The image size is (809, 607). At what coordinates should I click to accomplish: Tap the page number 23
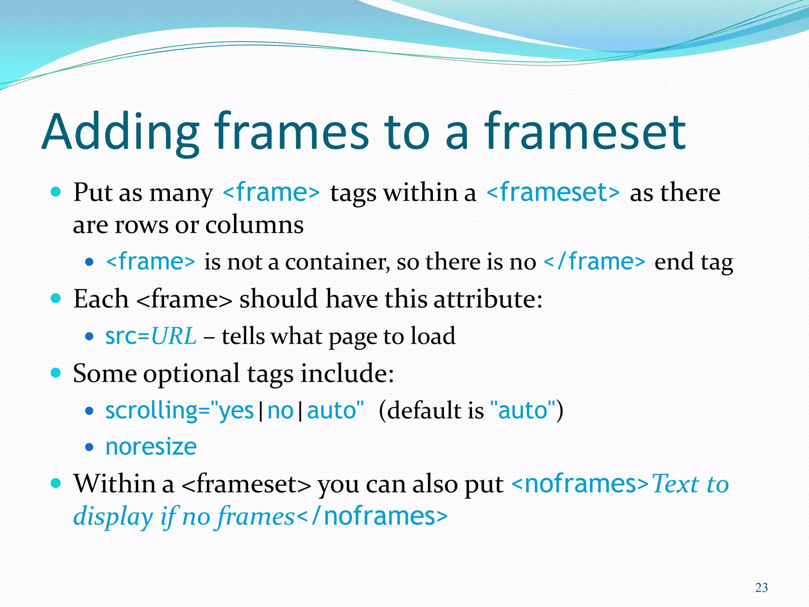[761, 588]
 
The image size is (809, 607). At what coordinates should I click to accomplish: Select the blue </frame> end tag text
[595, 262]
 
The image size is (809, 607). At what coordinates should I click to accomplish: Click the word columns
[254, 225]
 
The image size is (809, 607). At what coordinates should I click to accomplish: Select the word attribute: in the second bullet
[488, 299]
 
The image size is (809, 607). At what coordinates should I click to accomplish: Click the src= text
[127, 336]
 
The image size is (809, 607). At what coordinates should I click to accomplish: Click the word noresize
[151, 447]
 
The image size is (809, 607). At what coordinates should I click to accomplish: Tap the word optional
[192, 373]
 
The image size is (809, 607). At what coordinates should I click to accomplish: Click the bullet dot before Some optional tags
[56, 372]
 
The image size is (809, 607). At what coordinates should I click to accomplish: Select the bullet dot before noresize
[90, 448]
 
